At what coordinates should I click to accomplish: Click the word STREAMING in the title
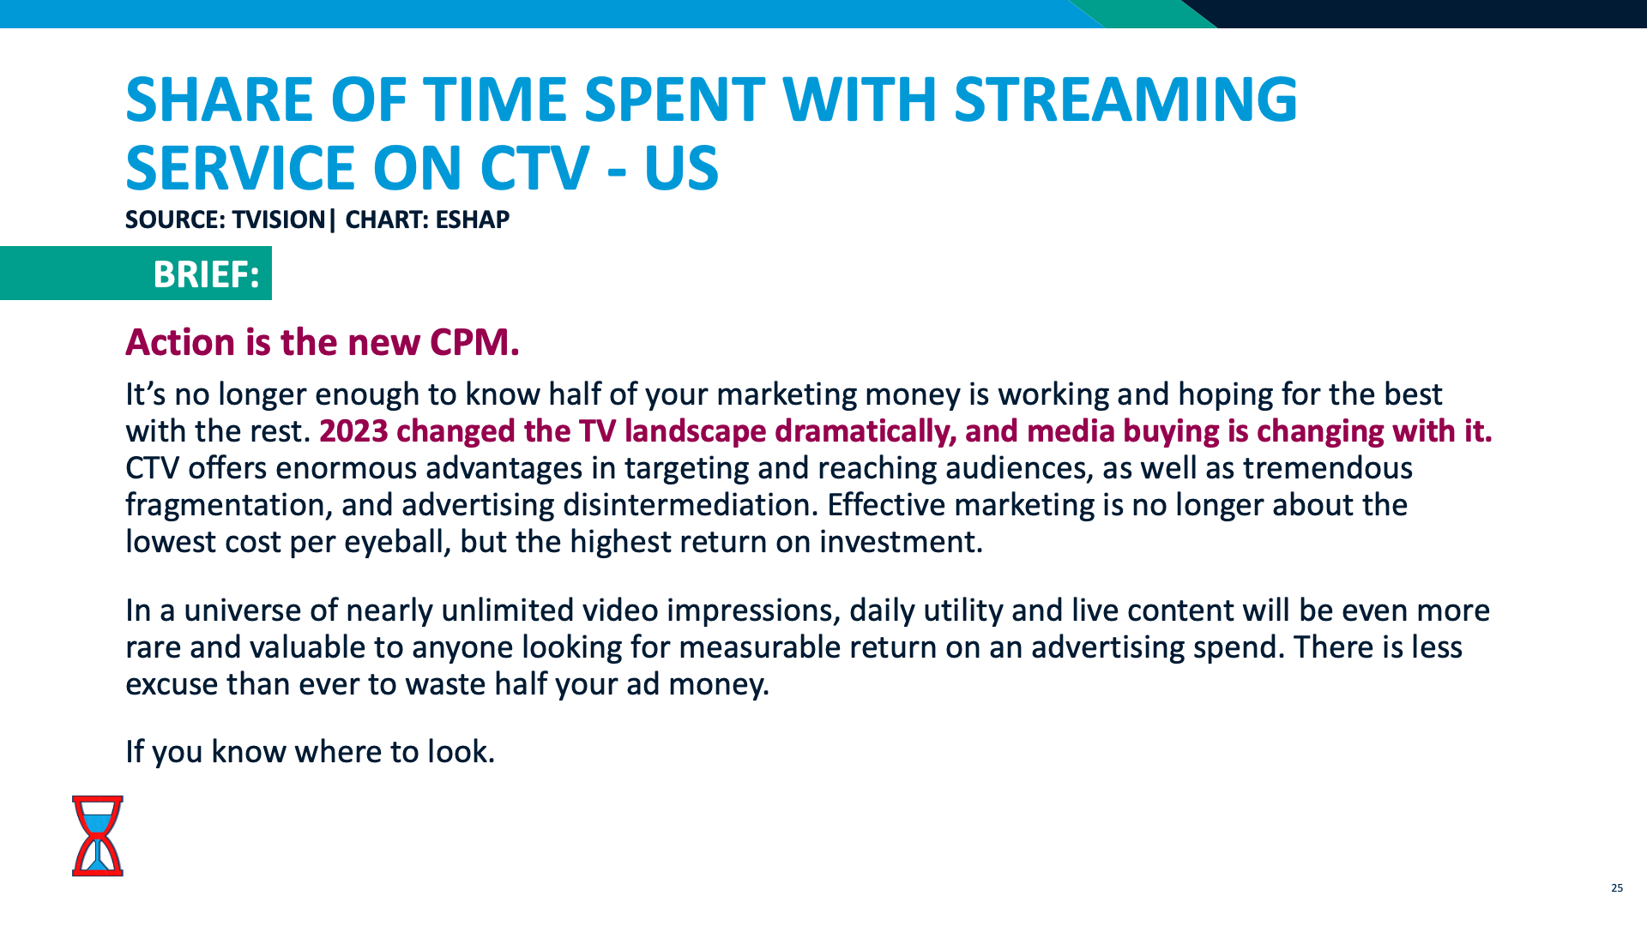click(x=1125, y=99)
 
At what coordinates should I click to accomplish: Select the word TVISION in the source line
click(x=279, y=219)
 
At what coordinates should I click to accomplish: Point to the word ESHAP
click(x=472, y=219)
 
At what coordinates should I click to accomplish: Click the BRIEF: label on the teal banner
click(x=206, y=274)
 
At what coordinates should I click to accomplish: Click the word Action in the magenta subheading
click(x=180, y=342)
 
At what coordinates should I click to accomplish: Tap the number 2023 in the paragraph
click(x=353, y=430)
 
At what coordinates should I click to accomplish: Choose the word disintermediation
click(x=686, y=505)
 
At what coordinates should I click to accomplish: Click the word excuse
click(x=172, y=684)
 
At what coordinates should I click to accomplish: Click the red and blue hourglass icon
click(x=98, y=835)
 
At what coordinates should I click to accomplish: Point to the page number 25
click(x=1617, y=887)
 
